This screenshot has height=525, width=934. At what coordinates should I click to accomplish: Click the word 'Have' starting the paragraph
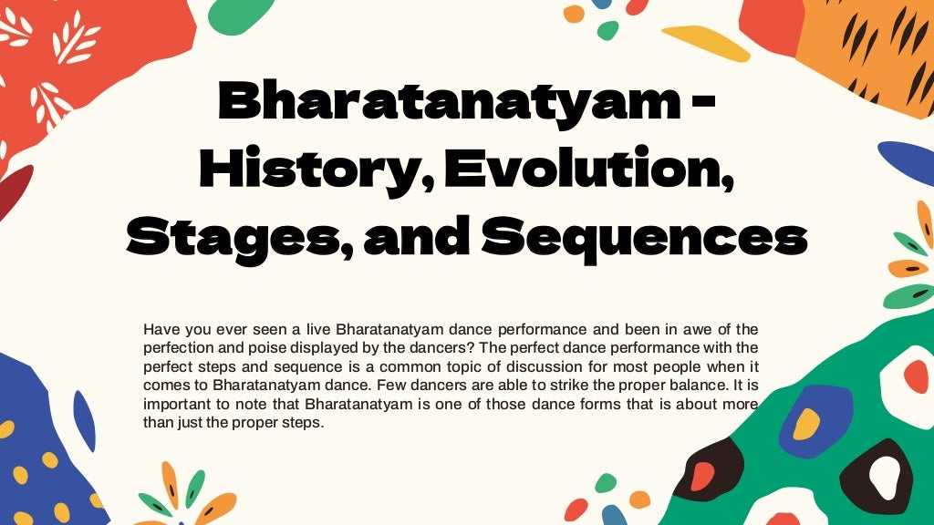161,328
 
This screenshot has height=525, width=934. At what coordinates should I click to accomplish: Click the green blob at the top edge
241,14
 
